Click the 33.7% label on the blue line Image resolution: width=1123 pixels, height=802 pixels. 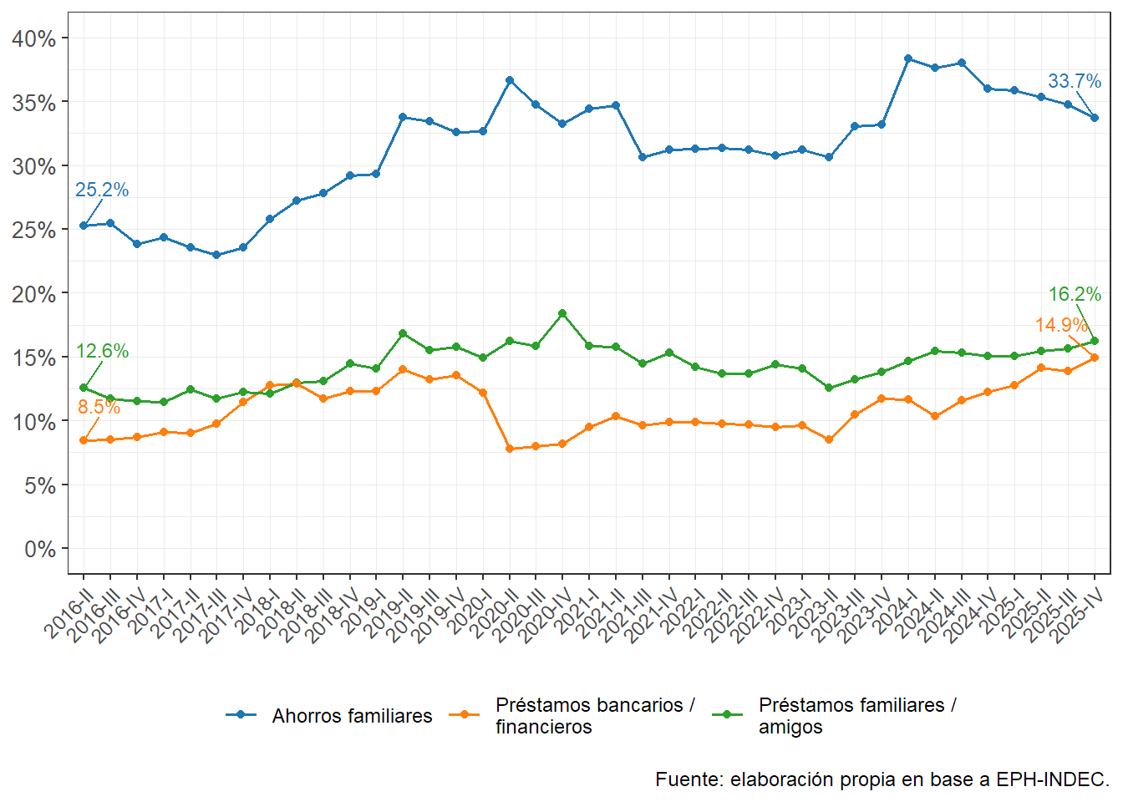click(x=1075, y=82)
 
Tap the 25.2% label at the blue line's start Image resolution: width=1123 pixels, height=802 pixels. click(x=102, y=190)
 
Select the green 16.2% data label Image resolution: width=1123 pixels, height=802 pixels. click(x=1075, y=295)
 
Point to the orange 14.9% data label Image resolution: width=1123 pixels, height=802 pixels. click(x=1061, y=326)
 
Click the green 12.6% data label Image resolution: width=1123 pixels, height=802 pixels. click(x=102, y=352)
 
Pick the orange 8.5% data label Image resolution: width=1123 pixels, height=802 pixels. click(x=99, y=408)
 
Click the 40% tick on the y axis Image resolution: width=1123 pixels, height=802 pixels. click(x=34, y=39)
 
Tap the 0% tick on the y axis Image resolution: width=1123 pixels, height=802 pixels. click(x=40, y=550)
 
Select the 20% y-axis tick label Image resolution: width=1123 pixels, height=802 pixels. click(x=34, y=294)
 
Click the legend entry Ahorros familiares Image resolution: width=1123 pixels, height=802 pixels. click(x=352, y=716)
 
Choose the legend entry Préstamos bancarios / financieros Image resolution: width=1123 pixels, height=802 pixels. click(x=594, y=716)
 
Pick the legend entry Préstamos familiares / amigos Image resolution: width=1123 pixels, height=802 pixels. click(x=857, y=716)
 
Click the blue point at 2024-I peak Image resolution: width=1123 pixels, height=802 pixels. click(x=908, y=58)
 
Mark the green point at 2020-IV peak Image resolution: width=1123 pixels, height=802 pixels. click(x=562, y=314)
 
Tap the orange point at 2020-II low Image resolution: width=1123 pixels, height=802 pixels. click(x=509, y=449)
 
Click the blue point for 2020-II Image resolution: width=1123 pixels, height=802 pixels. click(x=509, y=80)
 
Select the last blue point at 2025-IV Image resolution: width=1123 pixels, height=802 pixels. click(x=1095, y=118)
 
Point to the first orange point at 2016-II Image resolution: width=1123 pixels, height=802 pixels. click(x=84, y=440)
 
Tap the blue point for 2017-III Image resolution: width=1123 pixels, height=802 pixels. click(x=216, y=255)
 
